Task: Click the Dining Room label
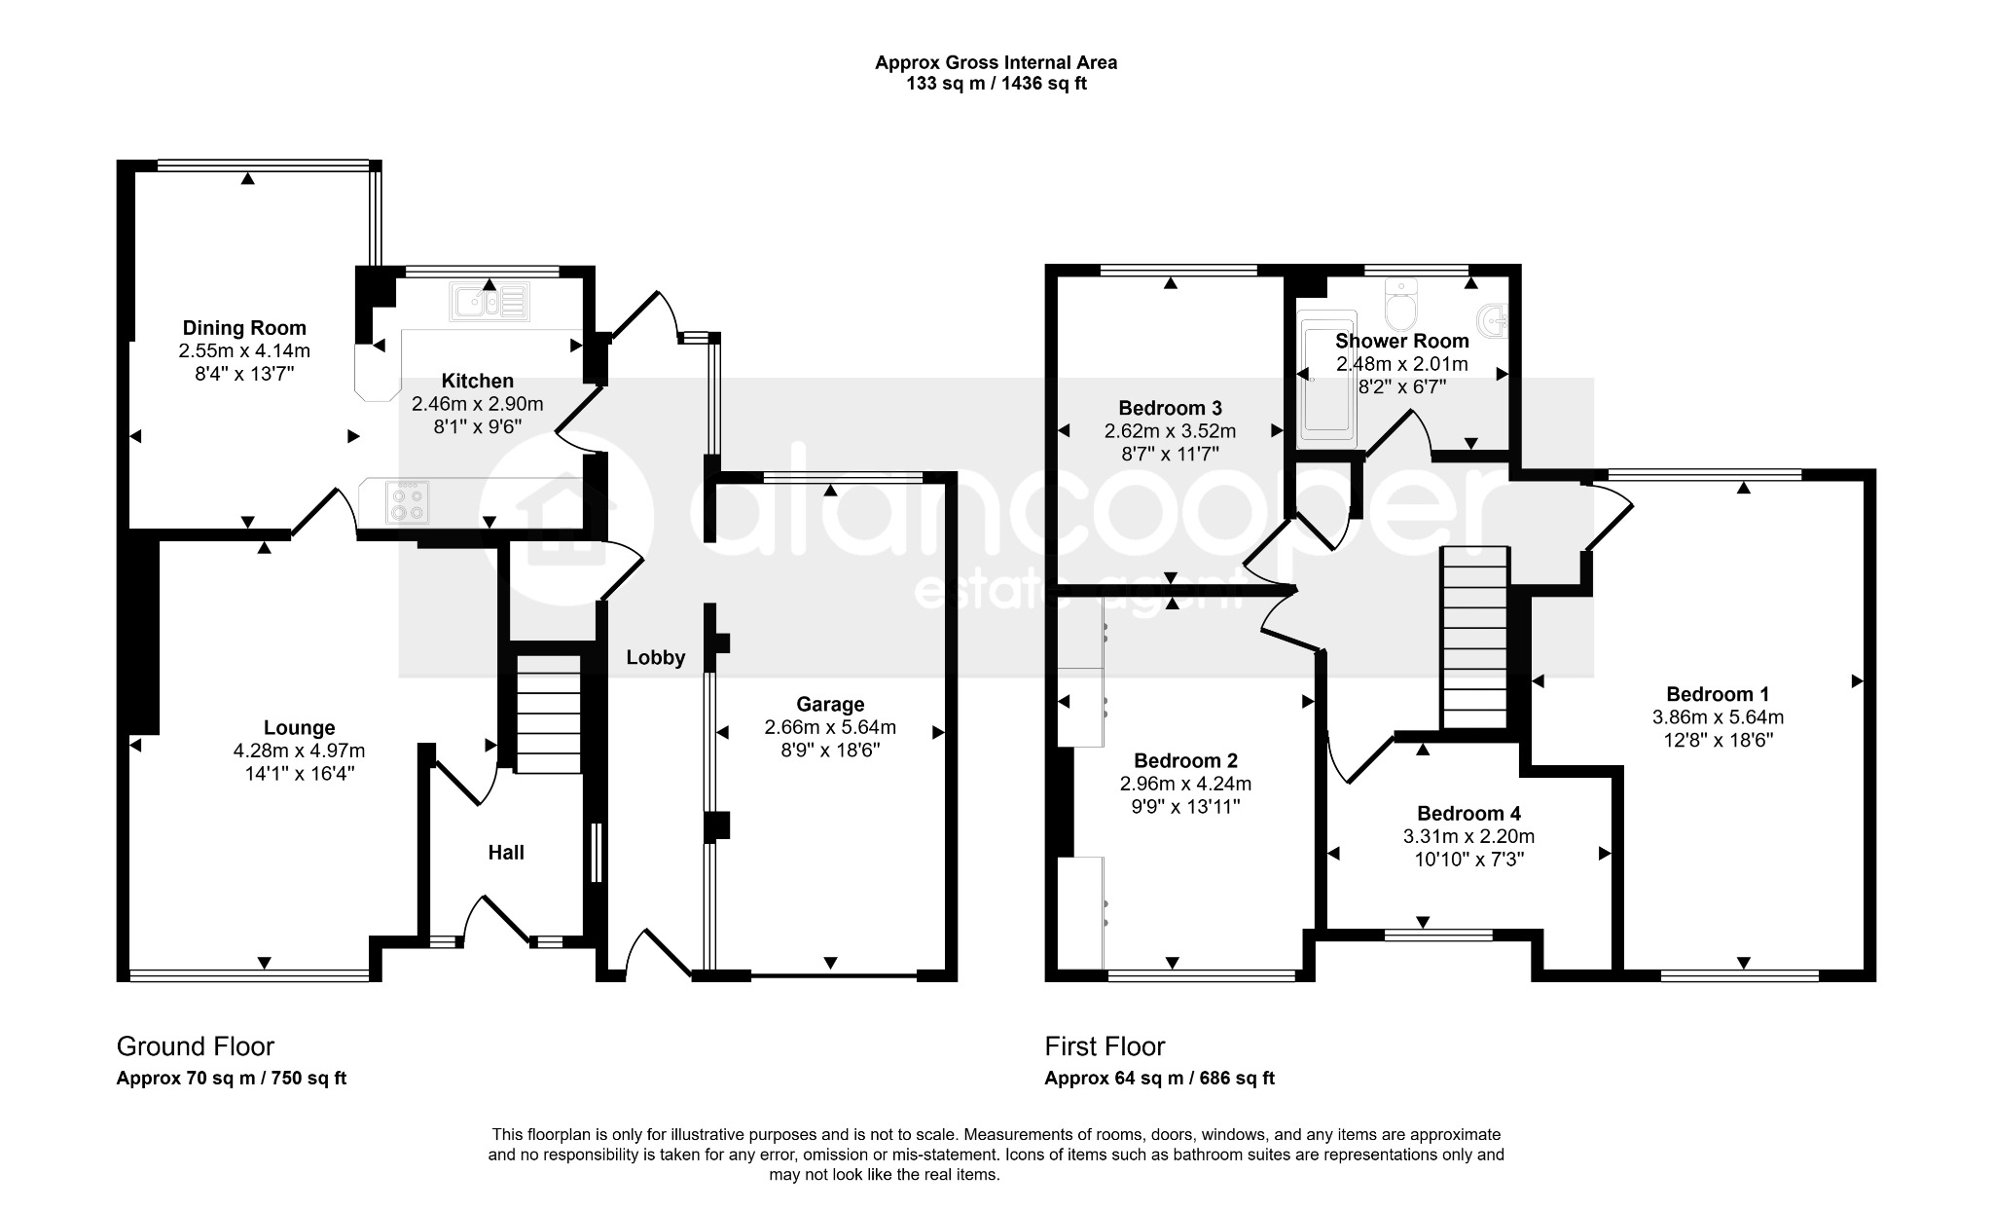(x=244, y=328)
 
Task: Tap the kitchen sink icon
(x=489, y=302)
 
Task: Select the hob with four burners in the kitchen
(x=407, y=502)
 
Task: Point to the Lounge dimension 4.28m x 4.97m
(x=299, y=751)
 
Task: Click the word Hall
(x=506, y=853)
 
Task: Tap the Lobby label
(x=656, y=658)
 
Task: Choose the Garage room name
(x=830, y=704)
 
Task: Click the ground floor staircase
(x=547, y=714)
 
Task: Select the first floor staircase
(x=1474, y=638)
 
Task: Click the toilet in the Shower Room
(x=1401, y=304)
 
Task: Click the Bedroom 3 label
(x=1170, y=408)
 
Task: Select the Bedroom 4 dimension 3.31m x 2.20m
(x=1468, y=836)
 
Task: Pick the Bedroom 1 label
(x=1718, y=694)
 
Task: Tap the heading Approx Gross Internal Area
(x=996, y=62)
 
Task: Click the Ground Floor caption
(x=196, y=1046)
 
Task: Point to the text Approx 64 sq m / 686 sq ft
(x=1159, y=1078)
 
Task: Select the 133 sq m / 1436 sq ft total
(x=996, y=84)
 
